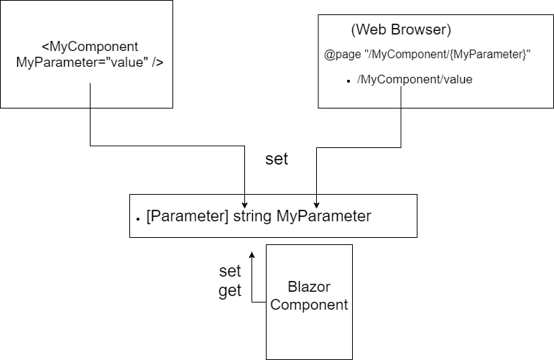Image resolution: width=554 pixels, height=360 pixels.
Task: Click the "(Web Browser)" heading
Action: pos(400,30)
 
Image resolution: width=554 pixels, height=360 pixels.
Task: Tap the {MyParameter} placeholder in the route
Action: pos(492,55)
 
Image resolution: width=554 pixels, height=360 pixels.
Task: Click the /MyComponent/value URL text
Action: pos(415,80)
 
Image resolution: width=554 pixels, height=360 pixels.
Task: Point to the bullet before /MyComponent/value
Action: pos(348,81)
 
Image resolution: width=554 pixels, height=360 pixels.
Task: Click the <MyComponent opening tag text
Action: pos(90,47)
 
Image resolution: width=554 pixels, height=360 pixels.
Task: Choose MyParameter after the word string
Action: pos(323,216)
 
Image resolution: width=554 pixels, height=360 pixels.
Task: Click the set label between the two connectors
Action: pos(277,159)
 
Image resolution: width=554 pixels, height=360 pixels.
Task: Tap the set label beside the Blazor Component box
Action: pos(230,272)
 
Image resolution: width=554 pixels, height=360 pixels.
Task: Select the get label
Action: pos(230,291)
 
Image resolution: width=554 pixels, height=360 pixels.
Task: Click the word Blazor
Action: pos(308,287)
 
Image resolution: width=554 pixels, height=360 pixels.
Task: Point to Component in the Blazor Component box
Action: pos(309,305)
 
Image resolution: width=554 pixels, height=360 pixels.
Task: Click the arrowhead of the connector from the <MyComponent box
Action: pos(245,204)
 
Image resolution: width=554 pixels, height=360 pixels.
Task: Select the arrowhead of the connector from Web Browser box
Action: pos(317,204)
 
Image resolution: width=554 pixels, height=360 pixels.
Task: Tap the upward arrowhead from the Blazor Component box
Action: pos(251,255)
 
